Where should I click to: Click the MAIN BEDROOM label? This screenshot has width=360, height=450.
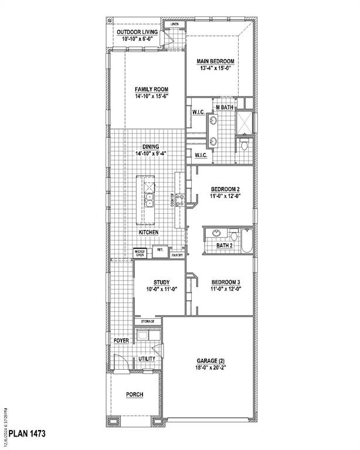(216, 62)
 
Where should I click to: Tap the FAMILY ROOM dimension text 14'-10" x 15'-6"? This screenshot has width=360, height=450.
(151, 97)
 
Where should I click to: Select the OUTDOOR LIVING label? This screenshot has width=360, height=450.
(136, 32)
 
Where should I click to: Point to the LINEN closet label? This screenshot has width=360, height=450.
(174, 25)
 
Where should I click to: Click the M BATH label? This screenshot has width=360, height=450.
(225, 107)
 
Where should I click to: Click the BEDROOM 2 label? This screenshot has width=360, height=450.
(225, 189)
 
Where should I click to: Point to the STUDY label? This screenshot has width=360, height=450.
(161, 281)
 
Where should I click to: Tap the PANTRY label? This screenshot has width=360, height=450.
(176, 255)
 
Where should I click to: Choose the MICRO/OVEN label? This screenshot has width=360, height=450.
(140, 254)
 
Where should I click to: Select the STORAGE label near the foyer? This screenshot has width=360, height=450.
(147, 322)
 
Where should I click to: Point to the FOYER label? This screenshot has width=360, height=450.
(121, 340)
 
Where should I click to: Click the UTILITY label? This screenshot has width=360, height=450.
(147, 359)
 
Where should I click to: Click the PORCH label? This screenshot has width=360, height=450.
(134, 394)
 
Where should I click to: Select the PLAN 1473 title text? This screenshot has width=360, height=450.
(25, 434)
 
